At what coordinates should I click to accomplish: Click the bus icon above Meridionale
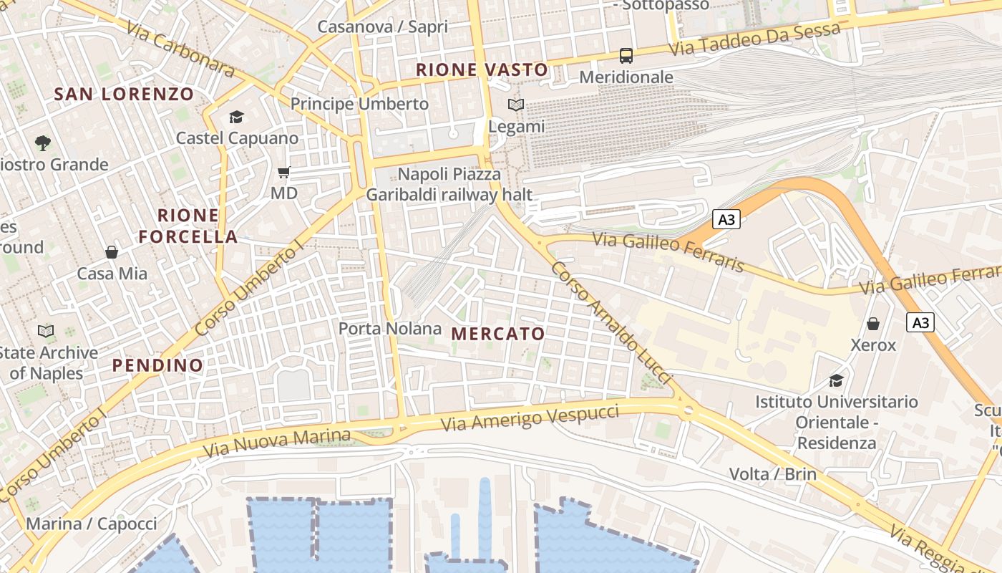(626, 55)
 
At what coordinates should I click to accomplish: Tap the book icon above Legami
(515, 105)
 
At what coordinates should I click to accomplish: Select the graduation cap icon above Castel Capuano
(236, 117)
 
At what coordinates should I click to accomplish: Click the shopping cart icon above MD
(283, 172)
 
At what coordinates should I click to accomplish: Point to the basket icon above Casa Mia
(112, 252)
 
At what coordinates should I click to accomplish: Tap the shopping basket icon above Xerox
(872, 324)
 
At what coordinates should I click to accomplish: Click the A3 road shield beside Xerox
(920, 323)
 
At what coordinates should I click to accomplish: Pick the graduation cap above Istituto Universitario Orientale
(836, 380)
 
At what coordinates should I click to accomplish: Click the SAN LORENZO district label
(124, 94)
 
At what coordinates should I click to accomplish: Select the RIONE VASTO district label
(482, 69)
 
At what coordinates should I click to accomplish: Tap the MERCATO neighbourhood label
(498, 334)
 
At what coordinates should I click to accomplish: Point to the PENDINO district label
(157, 365)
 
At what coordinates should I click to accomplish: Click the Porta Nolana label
(389, 329)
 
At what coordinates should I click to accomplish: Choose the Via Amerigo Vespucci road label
(530, 417)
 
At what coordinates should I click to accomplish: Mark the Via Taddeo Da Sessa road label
(754, 39)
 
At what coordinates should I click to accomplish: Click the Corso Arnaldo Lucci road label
(612, 322)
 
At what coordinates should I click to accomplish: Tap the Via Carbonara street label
(180, 49)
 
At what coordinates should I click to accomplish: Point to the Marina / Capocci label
(92, 524)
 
